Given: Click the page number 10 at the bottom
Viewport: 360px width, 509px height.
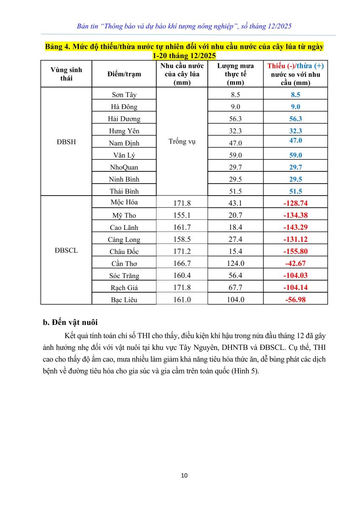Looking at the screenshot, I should click(184, 475).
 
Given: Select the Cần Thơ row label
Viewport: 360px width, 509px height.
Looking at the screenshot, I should click(124, 263).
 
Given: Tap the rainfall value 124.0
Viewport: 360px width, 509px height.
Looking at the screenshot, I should click(235, 263).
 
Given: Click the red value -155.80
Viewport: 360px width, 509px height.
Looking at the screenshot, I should click(295, 252).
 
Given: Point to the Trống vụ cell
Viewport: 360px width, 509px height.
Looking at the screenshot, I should click(182, 141).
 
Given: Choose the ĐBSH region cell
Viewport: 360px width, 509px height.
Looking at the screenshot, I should click(66, 142).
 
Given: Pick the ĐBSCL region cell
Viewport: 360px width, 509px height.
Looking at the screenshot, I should click(66, 250).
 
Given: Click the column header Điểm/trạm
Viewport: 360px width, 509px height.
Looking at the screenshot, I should click(124, 74).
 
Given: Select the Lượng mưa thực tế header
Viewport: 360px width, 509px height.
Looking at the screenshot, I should click(235, 74).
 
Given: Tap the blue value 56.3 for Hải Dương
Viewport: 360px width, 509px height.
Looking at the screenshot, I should click(295, 119).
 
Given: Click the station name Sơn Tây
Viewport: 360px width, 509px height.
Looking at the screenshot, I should click(124, 95).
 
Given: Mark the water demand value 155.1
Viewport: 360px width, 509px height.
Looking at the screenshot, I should click(182, 215).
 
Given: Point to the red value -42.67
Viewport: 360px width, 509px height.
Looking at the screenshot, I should click(295, 263).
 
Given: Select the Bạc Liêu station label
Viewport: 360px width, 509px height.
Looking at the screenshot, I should click(124, 299).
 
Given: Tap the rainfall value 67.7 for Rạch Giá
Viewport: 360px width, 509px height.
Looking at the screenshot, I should click(235, 288).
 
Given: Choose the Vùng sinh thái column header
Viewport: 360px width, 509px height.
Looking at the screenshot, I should click(66, 74).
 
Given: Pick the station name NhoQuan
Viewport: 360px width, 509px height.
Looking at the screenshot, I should click(124, 167).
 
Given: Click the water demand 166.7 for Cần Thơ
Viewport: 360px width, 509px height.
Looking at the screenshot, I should click(182, 263).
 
